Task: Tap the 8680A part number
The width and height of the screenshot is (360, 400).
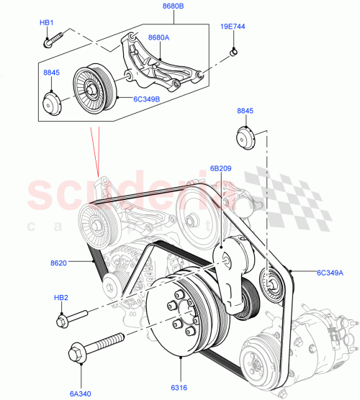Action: point(159,37)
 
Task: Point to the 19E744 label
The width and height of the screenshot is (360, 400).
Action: point(233,27)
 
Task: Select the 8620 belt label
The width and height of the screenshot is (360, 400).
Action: point(59,263)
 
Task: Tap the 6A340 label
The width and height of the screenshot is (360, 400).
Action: point(81,393)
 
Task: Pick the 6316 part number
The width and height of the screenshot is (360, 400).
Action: point(177,387)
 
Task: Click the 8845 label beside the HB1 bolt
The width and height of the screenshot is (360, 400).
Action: point(52,72)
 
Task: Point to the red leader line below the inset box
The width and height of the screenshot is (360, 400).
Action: point(94,150)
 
